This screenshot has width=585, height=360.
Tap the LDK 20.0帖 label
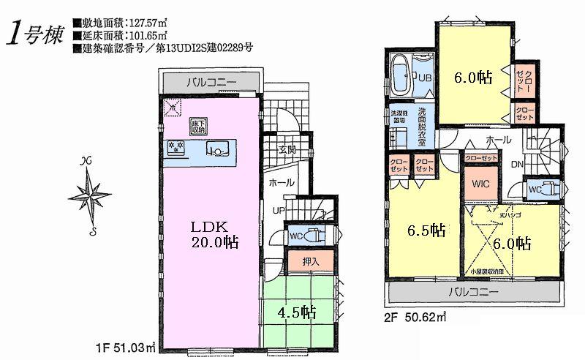[x=211, y=232]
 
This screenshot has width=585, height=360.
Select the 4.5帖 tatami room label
[x=297, y=312]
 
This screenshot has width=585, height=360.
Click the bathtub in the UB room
[x=403, y=75]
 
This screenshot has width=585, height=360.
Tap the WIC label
[x=480, y=184]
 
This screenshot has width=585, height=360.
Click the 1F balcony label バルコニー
[x=210, y=82]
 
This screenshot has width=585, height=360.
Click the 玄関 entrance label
[x=286, y=151]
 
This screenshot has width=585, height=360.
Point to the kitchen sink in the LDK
[x=217, y=151]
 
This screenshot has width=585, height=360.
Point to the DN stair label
[x=516, y=165]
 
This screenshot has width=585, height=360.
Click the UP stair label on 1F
[x=279, y=211]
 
